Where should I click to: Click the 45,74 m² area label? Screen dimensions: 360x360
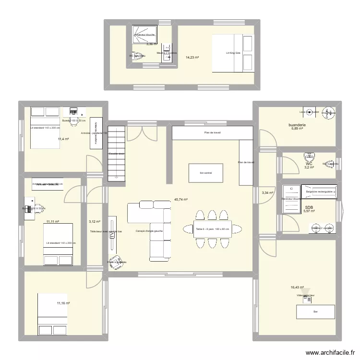[x=180, y=200]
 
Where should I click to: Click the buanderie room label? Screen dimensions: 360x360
[x=297, y=125]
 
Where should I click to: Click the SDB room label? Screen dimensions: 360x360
[x=309, y=207]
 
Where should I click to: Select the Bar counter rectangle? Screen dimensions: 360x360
[x=315, y=312]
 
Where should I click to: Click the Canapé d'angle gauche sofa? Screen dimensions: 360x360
[x=149, y=230]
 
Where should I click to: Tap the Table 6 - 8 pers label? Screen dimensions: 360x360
[x=213, y=229]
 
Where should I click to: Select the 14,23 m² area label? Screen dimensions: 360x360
[x=192, y=57]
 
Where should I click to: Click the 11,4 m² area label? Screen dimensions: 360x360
[x=63, y=139]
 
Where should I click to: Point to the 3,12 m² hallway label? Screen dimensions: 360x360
[x=94, y=222]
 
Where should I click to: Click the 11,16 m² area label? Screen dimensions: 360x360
[x=63, y=303]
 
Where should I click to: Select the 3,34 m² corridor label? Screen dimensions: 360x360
[x=267, y=193]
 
